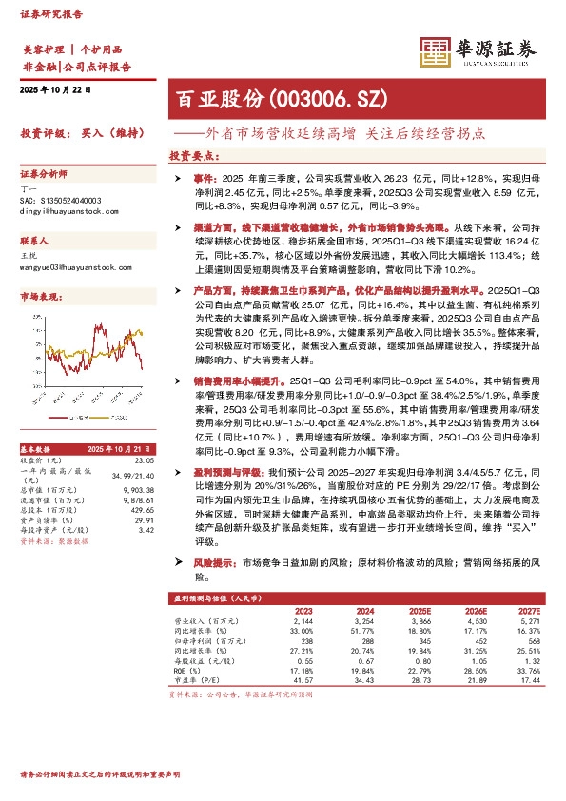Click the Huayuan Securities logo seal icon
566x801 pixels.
click(434, 50)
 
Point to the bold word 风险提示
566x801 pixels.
click(213, 563)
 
